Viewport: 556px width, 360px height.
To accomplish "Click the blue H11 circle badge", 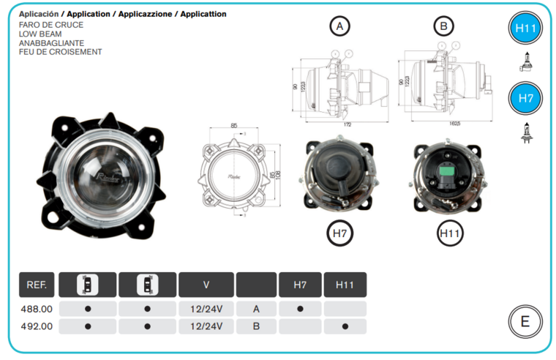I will [x=525, y=30].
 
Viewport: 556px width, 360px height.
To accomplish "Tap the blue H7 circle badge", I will [x=525, y=98].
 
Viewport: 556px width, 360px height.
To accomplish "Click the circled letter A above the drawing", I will [x=338, y=27].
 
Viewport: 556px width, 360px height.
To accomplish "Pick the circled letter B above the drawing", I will [x=443, y=27].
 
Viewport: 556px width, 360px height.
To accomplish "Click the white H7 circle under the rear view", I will [x=339, y=233].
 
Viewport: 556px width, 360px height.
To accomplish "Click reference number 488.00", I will [x=36, y=309].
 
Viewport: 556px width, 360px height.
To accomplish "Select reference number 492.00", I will [x=36, y=326].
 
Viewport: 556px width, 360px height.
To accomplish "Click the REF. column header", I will [x=36, y=285].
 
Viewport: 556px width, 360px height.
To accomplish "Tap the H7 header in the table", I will [x=300, y=285].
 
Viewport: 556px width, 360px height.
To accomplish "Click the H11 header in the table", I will [x=345, y=285].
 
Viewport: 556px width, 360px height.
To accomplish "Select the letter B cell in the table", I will [x=256, y=326].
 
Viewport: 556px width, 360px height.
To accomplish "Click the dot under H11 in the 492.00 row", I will [x=345, y=326].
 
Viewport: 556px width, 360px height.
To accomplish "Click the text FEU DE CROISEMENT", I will [x=60, y=52].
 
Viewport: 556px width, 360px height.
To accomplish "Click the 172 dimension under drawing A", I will [x=347, y=125].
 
